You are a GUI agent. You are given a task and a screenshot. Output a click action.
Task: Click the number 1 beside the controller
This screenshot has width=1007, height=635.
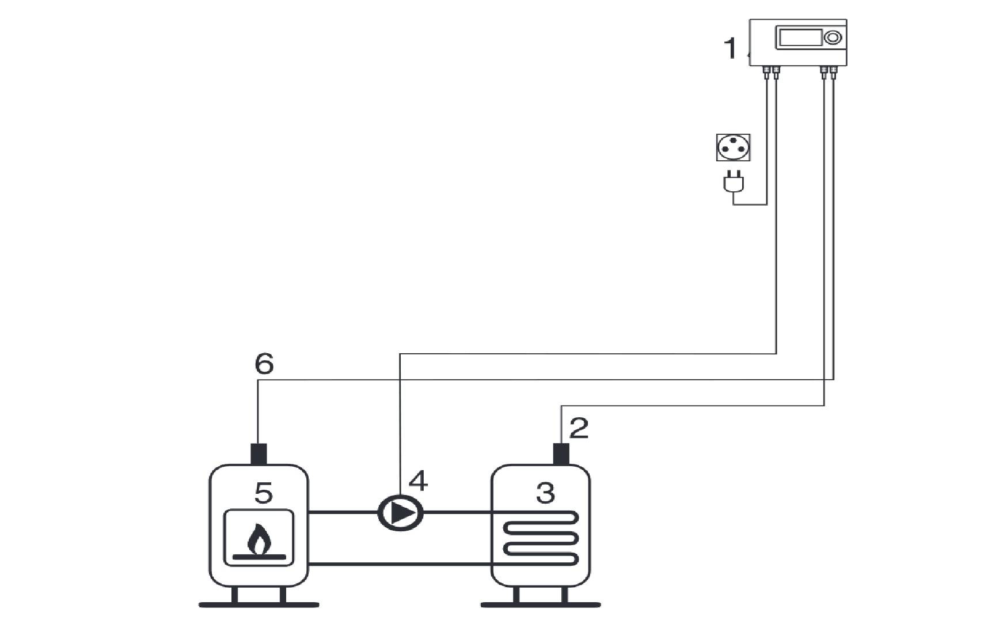point(731,48)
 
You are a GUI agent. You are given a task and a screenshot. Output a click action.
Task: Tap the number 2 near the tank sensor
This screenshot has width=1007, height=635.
point(579,429)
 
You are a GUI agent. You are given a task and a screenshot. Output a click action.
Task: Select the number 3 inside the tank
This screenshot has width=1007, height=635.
point(545,493)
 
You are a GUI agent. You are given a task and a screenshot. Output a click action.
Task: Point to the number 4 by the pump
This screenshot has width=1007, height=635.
point(418,481)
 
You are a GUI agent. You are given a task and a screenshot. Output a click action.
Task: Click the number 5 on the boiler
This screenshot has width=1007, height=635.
point(263,493)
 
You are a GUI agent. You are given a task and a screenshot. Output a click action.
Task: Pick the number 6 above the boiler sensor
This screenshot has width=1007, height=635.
point(264,364)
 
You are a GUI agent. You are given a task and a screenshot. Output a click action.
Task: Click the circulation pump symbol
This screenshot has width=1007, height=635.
point(400,513)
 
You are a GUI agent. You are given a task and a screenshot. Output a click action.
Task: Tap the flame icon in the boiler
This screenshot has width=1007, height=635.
point(259,539)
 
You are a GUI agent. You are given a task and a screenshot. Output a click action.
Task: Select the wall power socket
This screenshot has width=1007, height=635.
point(733,148)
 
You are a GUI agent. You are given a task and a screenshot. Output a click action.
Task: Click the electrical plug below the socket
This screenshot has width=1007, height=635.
point(733,182)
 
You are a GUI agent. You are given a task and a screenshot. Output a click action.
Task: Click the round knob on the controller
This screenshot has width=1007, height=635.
point(833,38)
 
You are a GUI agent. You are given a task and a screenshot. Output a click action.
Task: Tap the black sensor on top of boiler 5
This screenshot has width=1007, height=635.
point(259,454)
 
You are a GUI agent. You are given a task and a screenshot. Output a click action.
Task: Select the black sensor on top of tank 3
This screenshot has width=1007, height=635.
point(560,454)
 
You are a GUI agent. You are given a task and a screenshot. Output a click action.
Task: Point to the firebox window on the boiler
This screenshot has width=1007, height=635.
point(259,537)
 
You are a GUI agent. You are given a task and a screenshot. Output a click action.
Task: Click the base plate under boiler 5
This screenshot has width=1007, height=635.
point(259,604)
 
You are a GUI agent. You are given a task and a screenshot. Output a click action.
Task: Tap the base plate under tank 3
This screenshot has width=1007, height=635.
point(540,604)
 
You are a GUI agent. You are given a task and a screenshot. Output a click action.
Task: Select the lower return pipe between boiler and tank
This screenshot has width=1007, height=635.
point(400,564)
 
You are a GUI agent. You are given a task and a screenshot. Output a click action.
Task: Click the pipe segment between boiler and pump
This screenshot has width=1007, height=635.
point(343,512)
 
